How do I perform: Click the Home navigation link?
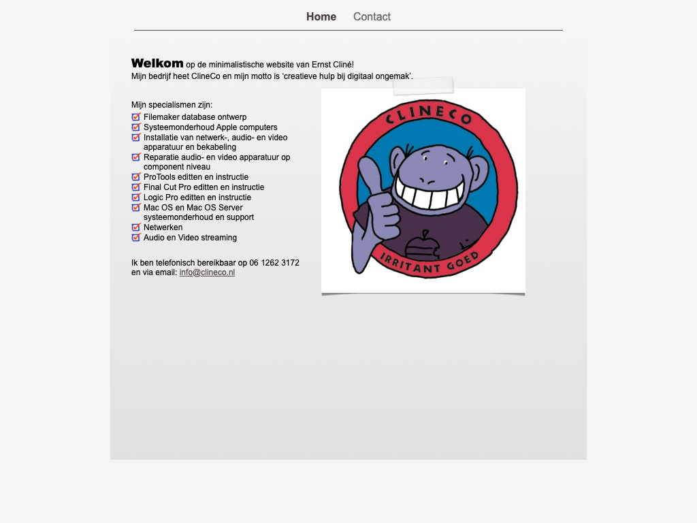pos(321,17)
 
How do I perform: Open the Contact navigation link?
pos(372,17)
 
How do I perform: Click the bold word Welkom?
pos(157,63)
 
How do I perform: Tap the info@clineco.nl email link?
pos(207,272)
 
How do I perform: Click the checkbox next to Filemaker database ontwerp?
pos(136,117)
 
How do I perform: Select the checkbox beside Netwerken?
pos(136,227)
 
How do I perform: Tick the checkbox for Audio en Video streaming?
pos(136,238)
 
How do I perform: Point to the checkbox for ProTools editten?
pos(136,177)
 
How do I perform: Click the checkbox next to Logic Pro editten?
pos(136,197)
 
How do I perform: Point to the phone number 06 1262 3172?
pos(274,263)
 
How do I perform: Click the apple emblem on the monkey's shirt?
pos(423,247)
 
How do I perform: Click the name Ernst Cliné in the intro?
pos(333,65)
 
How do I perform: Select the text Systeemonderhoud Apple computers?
pos(210,127)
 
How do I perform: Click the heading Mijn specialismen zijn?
pos(172,105)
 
